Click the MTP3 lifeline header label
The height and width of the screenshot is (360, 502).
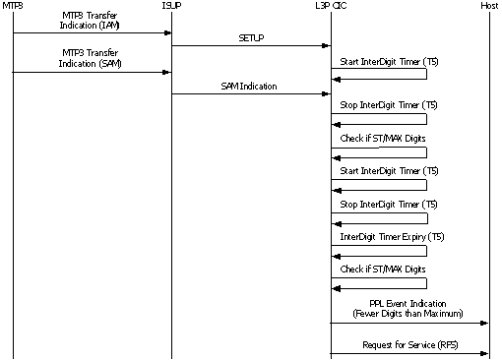(13, 6)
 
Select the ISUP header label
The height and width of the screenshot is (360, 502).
(171, 6)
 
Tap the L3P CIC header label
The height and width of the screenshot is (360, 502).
(331, 6)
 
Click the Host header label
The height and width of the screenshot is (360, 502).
(489, 6)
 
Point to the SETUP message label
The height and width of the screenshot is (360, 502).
(250, 38)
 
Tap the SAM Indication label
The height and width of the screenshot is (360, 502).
(250, 87)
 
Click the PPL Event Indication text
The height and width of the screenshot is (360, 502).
(409, 304)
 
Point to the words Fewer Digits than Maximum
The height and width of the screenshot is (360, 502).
(409, 313)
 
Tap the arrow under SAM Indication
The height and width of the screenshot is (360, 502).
(250, 94)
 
